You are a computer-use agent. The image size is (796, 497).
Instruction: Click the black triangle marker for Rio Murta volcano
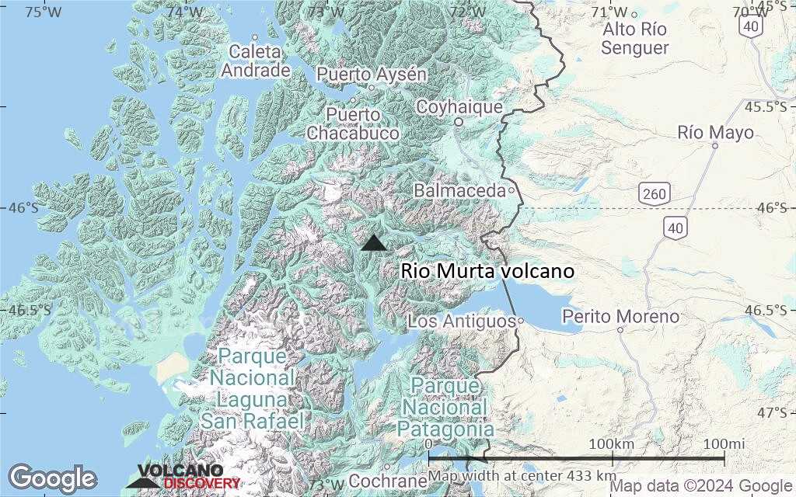click(x=374, y=244)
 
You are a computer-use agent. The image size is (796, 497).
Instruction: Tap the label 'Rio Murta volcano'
click(x=487, y=271)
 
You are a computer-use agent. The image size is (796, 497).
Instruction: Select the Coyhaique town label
click(x=459, y=107)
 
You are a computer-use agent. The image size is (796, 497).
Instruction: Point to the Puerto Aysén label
click(x=372, y=75)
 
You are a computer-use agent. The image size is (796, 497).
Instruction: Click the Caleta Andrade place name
click(x=256, y=61)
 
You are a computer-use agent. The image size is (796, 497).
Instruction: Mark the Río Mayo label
click(x=715, y=133)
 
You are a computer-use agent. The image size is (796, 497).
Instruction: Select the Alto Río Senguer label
click(x=635, y=39)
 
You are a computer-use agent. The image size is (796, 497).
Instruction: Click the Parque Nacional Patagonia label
click(x=445, y=407)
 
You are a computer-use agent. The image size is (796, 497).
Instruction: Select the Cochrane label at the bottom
click(x=382, y=481)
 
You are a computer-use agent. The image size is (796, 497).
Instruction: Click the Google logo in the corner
click(x=52, y=478)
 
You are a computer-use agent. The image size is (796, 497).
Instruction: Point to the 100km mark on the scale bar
click(x=612, y=443)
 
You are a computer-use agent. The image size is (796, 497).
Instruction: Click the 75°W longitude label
click(x=44, y=12)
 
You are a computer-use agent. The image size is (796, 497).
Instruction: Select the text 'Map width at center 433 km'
click(x=522, y=475)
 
